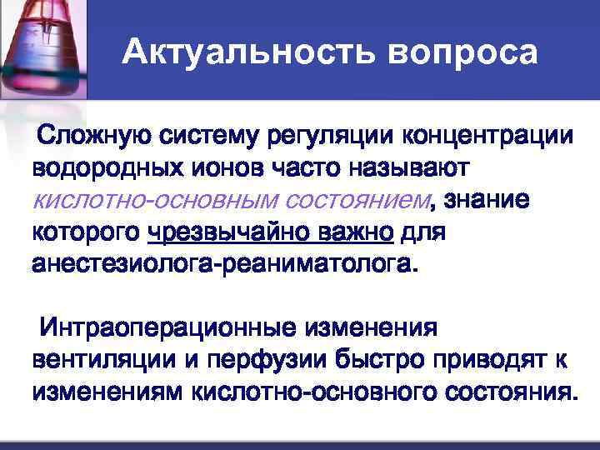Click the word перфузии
click(x=272, y=358)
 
